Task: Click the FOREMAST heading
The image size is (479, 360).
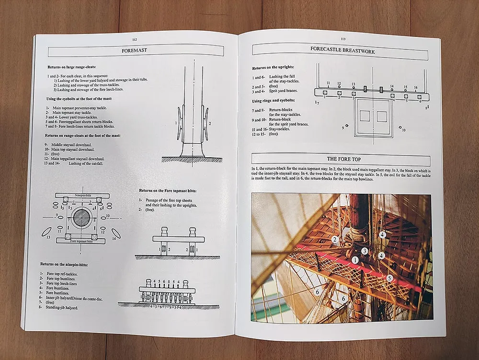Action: click(x=134, y=50)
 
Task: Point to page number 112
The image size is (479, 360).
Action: click(x=135, y=40)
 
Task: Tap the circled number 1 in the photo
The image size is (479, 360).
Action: click(x=355, y=260)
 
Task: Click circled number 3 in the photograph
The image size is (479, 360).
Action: click(x=365, y=251)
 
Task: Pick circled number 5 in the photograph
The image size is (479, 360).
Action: click(x=389, y=278)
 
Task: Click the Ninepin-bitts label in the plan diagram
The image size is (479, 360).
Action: click(x=81, y=196)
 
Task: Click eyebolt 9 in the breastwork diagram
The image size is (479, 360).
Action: click(x=347, y=127)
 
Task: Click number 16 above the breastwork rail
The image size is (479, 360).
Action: click(x=415, y=87)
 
